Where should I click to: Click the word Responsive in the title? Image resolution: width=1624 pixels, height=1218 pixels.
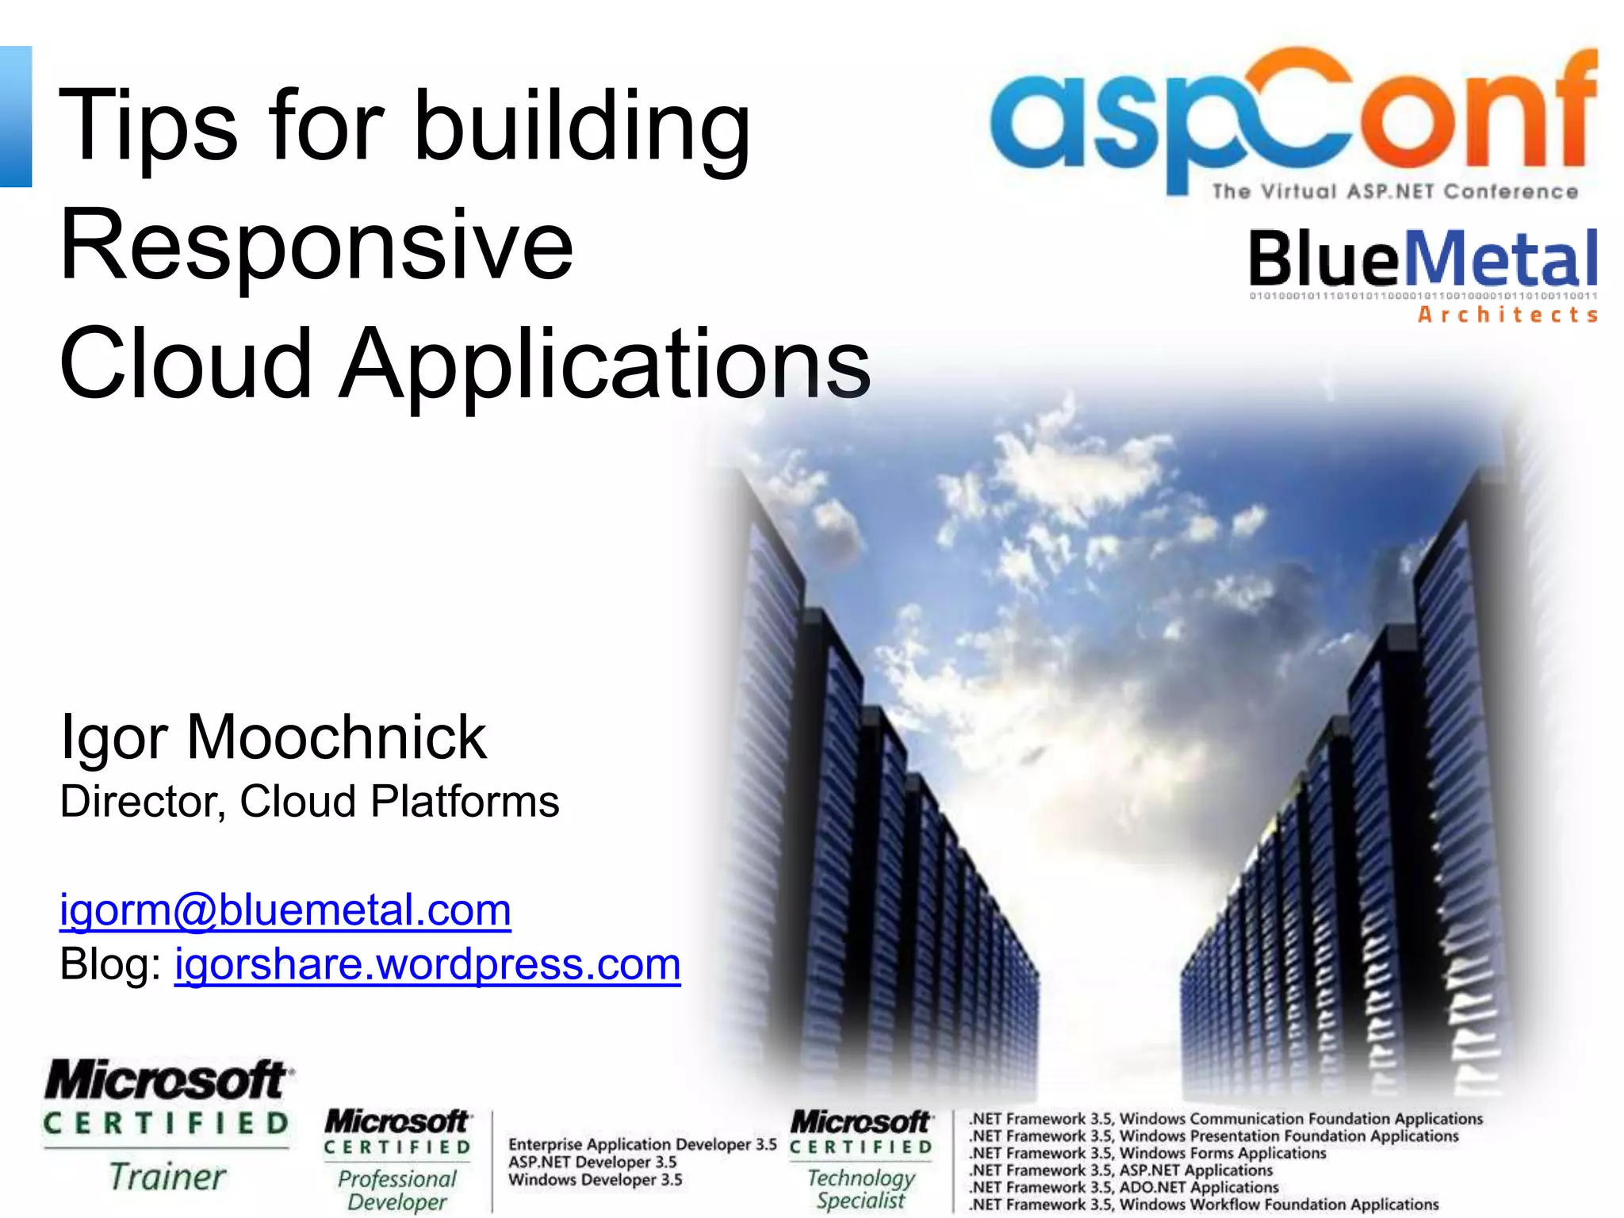coord(316,246)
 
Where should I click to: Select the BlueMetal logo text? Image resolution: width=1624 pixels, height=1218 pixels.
coord(1423,259)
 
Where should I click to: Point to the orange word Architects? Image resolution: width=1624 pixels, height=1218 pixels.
coord(1507,315)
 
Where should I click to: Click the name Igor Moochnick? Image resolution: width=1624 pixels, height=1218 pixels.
coord(273,737)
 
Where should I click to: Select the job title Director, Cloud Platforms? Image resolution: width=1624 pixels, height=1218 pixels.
coord(309,801)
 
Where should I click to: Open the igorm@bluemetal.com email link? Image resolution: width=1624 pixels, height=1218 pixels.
coord(285,910)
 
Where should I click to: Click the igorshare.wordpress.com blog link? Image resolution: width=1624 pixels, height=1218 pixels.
coord(427,964)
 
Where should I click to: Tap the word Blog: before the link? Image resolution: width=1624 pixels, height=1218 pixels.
coord(111,964)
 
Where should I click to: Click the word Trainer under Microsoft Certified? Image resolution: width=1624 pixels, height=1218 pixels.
coord(167,1177)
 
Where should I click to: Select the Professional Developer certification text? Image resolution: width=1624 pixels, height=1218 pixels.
coord(397,1190)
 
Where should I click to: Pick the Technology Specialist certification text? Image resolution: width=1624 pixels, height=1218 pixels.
coord(861,1189)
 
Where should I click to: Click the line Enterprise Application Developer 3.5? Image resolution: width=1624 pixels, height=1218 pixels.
coord(642,1144)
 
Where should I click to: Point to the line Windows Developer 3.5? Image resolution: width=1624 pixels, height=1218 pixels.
coord(595,1180)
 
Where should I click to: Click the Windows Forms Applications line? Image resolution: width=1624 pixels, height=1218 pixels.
coord(1147,1153)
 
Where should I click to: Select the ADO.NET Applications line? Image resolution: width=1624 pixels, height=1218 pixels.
coord(1124,1187)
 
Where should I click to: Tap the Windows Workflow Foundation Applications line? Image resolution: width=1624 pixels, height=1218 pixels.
coord(1204,1205)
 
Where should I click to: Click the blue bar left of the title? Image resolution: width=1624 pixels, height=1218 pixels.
coord(16,117)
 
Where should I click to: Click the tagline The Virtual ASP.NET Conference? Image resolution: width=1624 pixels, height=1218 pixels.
coord(1394,192)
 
